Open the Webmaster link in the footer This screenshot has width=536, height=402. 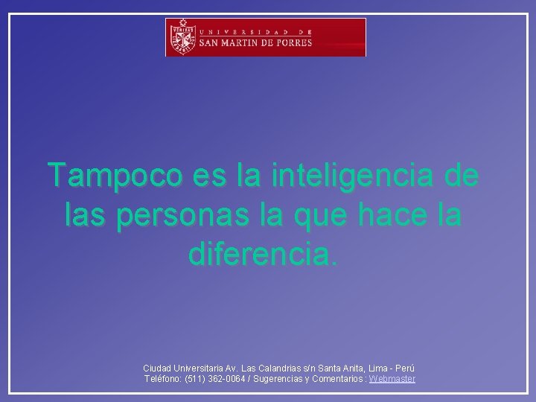[x=392, y=379]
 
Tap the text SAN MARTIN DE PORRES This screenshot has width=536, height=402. [x=255, y=42]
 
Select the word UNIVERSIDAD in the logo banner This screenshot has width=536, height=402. [x=246, y=31]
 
